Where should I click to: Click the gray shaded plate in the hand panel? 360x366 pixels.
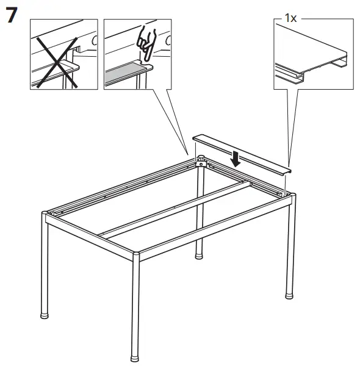click(x=124, y=74)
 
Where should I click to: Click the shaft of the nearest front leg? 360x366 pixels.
click(x=136, y=305)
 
